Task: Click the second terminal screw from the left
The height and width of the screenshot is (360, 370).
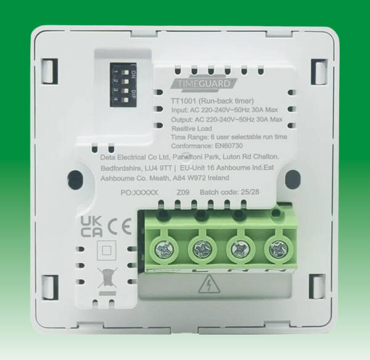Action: click(x=202, y=248)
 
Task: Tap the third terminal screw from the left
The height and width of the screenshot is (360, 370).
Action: click(x=237, y=248)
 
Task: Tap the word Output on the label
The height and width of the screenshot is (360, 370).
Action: click(x=182, y=119)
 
